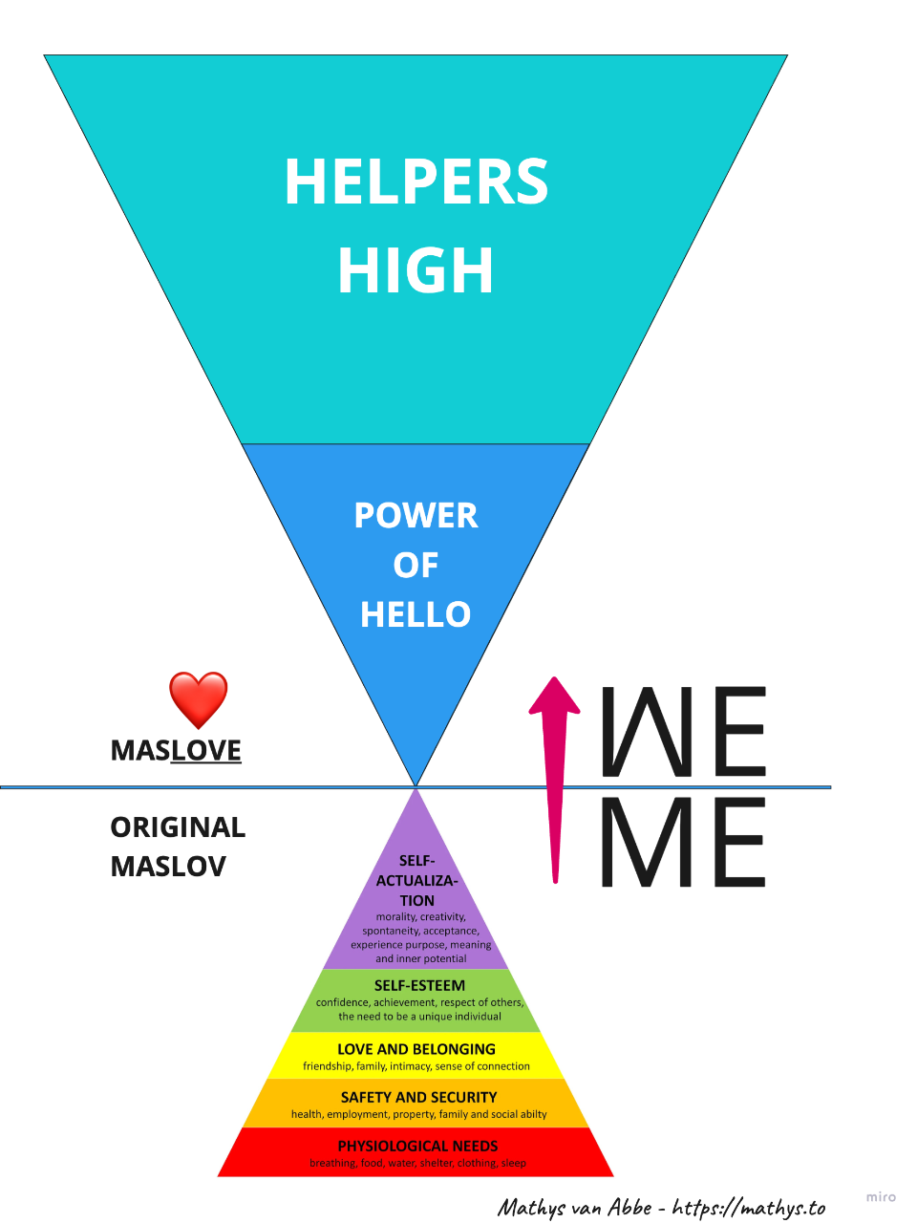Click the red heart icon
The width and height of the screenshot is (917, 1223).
click(199, 699)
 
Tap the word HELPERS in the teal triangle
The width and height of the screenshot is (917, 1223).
click(416, 182)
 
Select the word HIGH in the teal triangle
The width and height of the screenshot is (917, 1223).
click(416, 270)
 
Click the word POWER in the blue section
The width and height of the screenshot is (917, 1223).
click(416, 516)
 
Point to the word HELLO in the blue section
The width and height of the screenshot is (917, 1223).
click(416, 614)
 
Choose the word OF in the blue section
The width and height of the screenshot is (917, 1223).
click(416, 566)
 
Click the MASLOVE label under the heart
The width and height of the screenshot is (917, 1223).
click(176, 751)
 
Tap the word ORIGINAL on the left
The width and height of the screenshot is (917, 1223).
click(178, 827)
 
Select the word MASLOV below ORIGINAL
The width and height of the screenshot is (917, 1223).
click(168, 867)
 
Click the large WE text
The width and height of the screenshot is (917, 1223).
click(683, 732)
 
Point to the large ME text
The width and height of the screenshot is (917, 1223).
click(683, 843)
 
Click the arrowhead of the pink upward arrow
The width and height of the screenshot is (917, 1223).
click(554, 697)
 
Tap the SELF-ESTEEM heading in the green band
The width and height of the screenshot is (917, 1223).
click(419, 985)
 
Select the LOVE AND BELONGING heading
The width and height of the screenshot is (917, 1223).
click(416, 1049)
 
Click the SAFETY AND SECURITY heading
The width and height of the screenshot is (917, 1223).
click(418, 1097)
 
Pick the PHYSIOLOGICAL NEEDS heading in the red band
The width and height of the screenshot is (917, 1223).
click(417, 1146)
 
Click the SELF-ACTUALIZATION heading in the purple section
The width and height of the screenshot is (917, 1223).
click(417, 880)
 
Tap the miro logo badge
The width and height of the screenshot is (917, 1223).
click(881, 1196)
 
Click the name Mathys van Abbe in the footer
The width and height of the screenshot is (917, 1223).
click(573, 1208)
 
